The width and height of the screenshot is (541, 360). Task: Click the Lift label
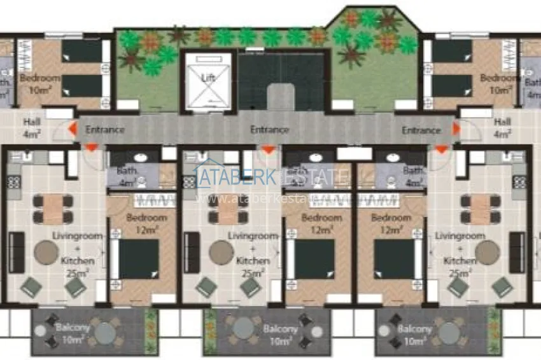[x=207, y=78]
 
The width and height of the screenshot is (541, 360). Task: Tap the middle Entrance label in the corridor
[x=269, y=130]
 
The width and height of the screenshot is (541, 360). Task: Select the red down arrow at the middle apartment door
[x=269, y=149]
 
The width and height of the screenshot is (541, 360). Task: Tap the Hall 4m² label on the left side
[x=31, y=128]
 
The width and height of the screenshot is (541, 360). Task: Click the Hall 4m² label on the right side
[x=502, y=128]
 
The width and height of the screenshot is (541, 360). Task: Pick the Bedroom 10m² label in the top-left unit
[x=39, y=83]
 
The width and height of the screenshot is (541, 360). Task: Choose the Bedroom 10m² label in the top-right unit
[x=500, y=83]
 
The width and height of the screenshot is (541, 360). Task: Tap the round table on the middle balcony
[x=244, y=328]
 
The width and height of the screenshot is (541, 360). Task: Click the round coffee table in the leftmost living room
[x=46, y=253]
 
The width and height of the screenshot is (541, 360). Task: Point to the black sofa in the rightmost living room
[x=517, y=253]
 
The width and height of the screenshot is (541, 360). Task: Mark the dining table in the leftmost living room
[x=53, y=209]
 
